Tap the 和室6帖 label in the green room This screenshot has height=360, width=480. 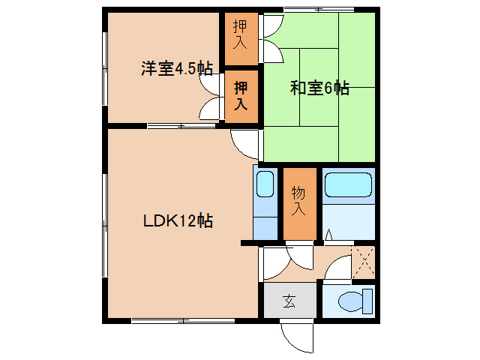click(x=319, y=88)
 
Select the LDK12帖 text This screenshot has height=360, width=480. click(x=178, y=221)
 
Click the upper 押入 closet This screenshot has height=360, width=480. click(x=241, y=37)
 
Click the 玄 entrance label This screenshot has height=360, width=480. click(x=289, y=302)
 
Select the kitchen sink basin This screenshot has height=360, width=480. click(x=265, y=184)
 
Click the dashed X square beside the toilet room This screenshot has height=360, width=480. click(x=363, y=262)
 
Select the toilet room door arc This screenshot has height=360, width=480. click(x=339, y=268)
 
